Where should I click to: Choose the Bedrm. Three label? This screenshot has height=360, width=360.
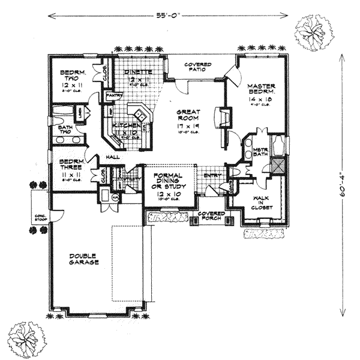click(71, 167)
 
